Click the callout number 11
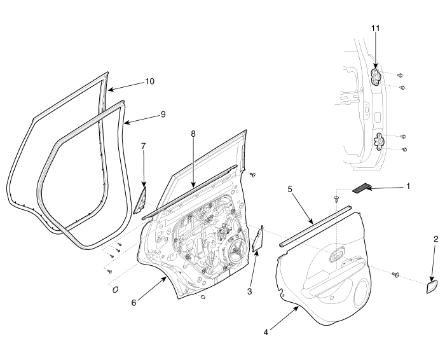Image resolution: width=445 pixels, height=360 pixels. [x=376, y=29]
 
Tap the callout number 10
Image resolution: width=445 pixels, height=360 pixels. [x=149, y=81]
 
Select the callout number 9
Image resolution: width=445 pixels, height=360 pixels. [x=163, y=114]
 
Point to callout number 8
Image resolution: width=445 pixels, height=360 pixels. [x=193, y=134]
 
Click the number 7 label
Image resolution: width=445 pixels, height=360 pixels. [x=143, y=146]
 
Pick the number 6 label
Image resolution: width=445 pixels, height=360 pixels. [x=133, y=303]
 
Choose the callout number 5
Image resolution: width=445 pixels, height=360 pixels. [x=290, y=189]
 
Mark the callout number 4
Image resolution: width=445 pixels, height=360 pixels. [x=266, y=332]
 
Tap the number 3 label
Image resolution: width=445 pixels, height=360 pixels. [x=249, y=291]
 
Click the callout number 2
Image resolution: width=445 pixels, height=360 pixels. [x=436, y=239]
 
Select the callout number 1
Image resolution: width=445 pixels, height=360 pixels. [x=408, y=186]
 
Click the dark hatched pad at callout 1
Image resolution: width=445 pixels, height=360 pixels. [x=362, y=188]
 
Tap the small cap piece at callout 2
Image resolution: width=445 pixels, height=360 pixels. [x=432, y=287]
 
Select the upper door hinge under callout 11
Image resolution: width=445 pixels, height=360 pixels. [x=377, y=77]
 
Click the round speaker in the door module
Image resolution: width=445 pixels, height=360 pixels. [x=236, y=251]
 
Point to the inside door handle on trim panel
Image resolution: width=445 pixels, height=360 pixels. [x=338, y=254]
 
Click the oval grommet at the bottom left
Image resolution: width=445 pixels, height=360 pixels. [x=116, y=289]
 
